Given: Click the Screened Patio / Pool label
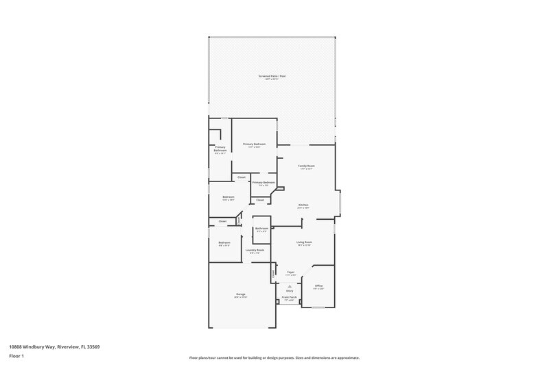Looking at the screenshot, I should (272, 75).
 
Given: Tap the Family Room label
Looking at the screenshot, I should (306, 166).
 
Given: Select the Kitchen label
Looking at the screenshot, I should (303, 205).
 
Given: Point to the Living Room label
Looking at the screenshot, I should (304, 242).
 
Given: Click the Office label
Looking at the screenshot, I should (318, 285).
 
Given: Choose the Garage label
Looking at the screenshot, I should (241, 294).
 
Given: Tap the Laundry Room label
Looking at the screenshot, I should (255, 251).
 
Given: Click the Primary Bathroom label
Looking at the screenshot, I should (220, 149).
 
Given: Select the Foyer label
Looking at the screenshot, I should (291, 272).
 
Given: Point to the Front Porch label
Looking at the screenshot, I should (289, 297).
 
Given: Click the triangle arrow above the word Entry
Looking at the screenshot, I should (290, 286).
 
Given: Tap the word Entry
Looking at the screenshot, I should (290, 290).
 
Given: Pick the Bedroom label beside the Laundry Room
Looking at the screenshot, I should (224, 242).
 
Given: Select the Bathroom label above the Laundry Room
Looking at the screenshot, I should (261, 228).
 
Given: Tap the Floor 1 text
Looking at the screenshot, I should (16, 356).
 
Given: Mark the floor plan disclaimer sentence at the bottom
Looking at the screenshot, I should (274, 357).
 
